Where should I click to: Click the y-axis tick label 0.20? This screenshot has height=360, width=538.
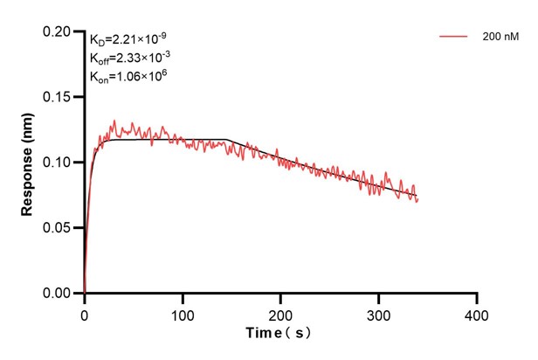tap(59, 31)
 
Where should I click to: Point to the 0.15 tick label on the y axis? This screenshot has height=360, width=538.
tap(59, 96)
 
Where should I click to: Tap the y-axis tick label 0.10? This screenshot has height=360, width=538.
tap(59, 162)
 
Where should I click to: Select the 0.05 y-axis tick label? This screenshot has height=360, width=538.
tap(59, 227)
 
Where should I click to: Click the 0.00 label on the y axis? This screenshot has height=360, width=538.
tap(59, 293)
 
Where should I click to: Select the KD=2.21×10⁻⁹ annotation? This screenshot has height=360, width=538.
tap(128, 38)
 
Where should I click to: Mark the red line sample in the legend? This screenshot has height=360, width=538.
tap(454, 37)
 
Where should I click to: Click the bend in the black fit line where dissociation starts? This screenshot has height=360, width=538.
tap(227, 140)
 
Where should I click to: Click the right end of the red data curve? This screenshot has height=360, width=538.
tap(418, 200)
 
